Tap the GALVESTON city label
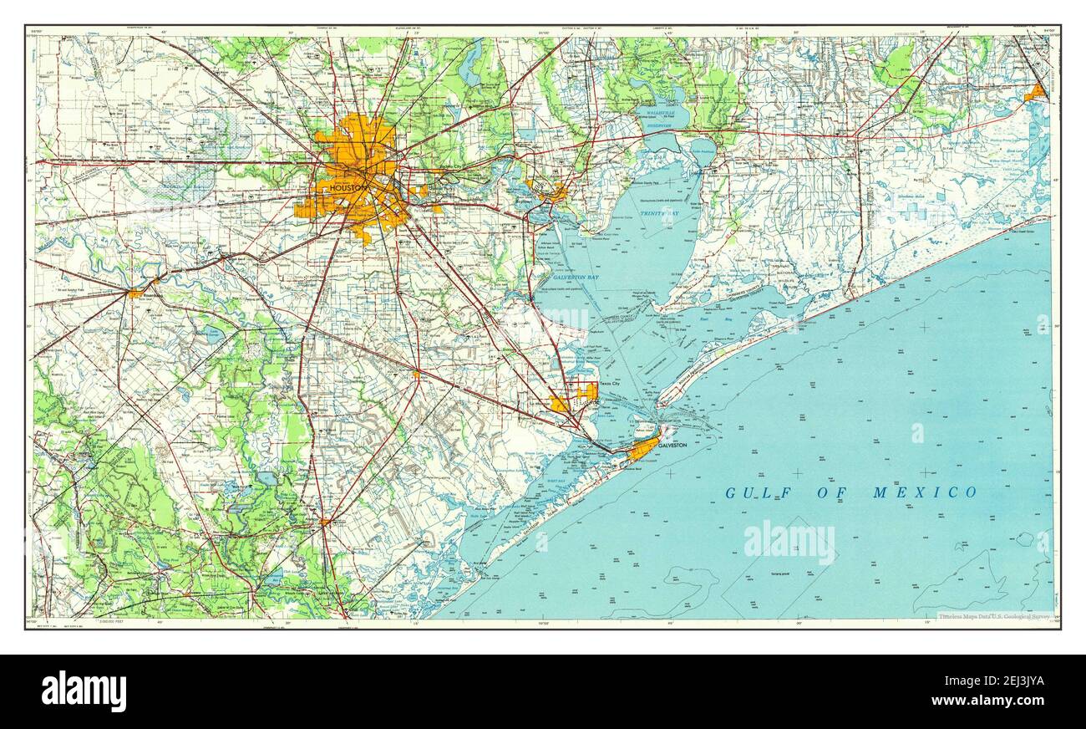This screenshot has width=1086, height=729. click(672, 446)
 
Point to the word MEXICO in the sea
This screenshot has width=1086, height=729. click(925, 492)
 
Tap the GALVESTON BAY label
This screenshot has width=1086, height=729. click(574, 277)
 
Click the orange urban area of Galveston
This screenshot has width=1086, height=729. click(643, 450)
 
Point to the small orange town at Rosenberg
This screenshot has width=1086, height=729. click(135, 293)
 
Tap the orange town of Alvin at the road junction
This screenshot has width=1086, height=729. click(416, 373)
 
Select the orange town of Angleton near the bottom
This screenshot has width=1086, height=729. click(324, 522)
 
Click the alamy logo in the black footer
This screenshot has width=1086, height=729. click(84, 691)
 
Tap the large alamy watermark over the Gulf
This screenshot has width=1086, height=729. click(789, 541)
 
